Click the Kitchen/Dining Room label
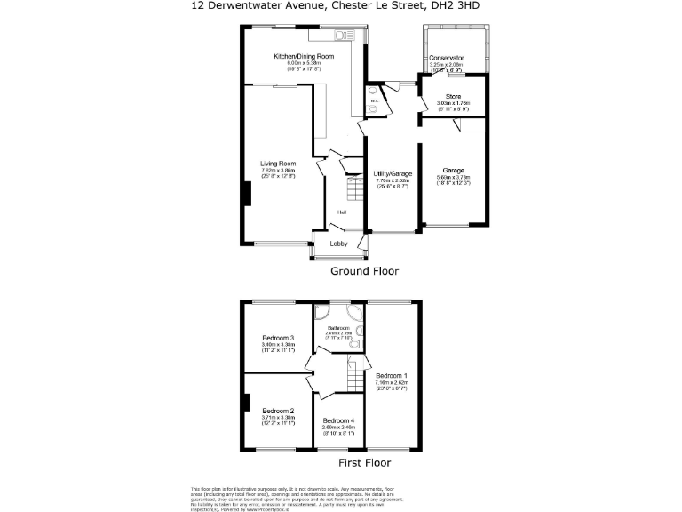[304, 57]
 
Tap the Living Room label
[277, 164]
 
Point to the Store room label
[453, 97]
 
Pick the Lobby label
[338, 244]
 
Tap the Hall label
[341, 212]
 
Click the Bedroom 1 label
[391, 376]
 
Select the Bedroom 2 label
[278, 411]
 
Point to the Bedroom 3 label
[278, 339]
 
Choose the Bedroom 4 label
[338, 420]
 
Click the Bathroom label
[340, 328]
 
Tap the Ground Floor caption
[365, 271]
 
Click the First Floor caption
[365, 462]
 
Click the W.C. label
[374, 100]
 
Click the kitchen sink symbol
[341, 36]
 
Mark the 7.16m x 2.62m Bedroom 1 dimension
[391, 383]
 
